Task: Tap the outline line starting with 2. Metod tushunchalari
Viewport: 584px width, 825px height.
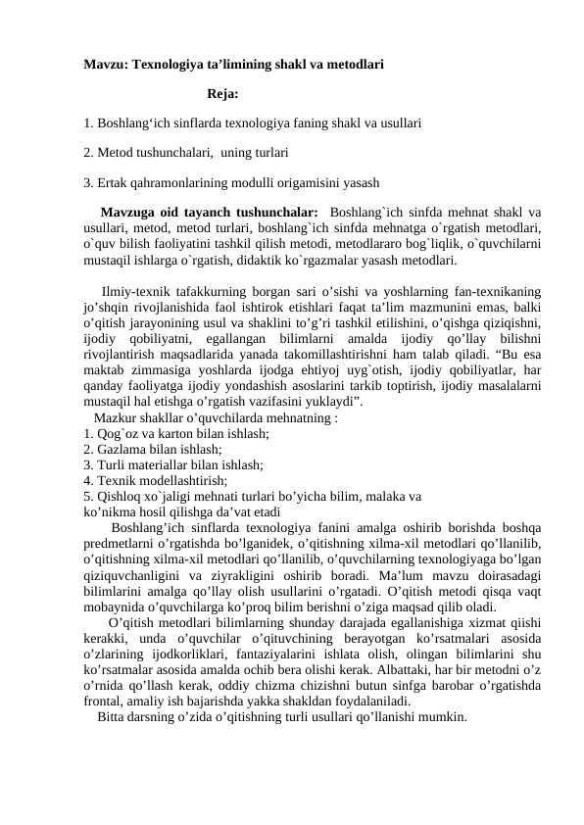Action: [x=185, y=153]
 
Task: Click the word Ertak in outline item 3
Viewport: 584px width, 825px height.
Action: [x=111, y=182]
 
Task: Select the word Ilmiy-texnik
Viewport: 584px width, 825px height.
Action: [x=138, y=291]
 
